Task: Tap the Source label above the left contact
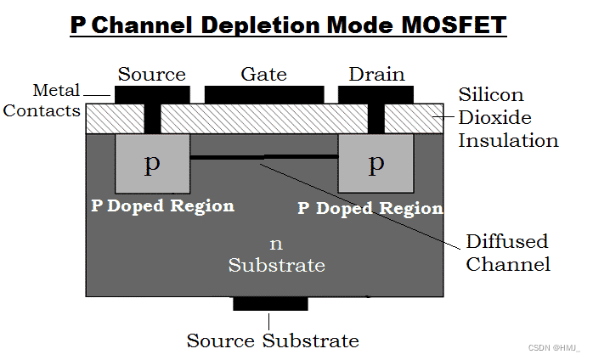(151, 75)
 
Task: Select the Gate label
(263, 75)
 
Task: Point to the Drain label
(376, 75)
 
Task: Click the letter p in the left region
(152, 163)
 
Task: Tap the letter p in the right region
(376, 163)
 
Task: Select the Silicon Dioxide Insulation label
(508, 117)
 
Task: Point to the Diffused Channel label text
(508, 252)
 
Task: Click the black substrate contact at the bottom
(270, 304)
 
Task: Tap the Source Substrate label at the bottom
(273, 340)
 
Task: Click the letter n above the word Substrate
(275, 245)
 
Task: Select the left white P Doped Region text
(162, 205)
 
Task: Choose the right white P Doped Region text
(370, 208)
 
